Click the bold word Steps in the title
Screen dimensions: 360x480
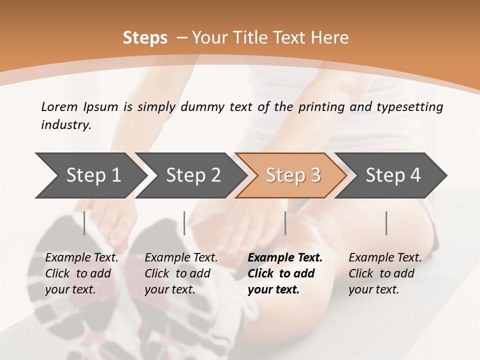tap(145, 38)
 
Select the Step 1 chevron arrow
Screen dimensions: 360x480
tap(90, 175)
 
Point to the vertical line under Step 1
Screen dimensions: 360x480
tap(84, 223)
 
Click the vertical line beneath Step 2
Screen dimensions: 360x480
tap(184, 223)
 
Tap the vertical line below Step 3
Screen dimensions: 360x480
tap(285, 223)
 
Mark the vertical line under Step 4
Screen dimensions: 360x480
tap(386, 223)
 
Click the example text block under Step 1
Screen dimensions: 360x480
tap(81, 273)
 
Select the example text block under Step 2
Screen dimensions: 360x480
tap(181, 273)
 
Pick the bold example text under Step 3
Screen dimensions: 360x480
tap(285, 273)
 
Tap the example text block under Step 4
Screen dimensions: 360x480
tap(385, 273)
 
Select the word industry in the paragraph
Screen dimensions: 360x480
tap(66, 125)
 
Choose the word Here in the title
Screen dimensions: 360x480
tap(329, 38)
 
